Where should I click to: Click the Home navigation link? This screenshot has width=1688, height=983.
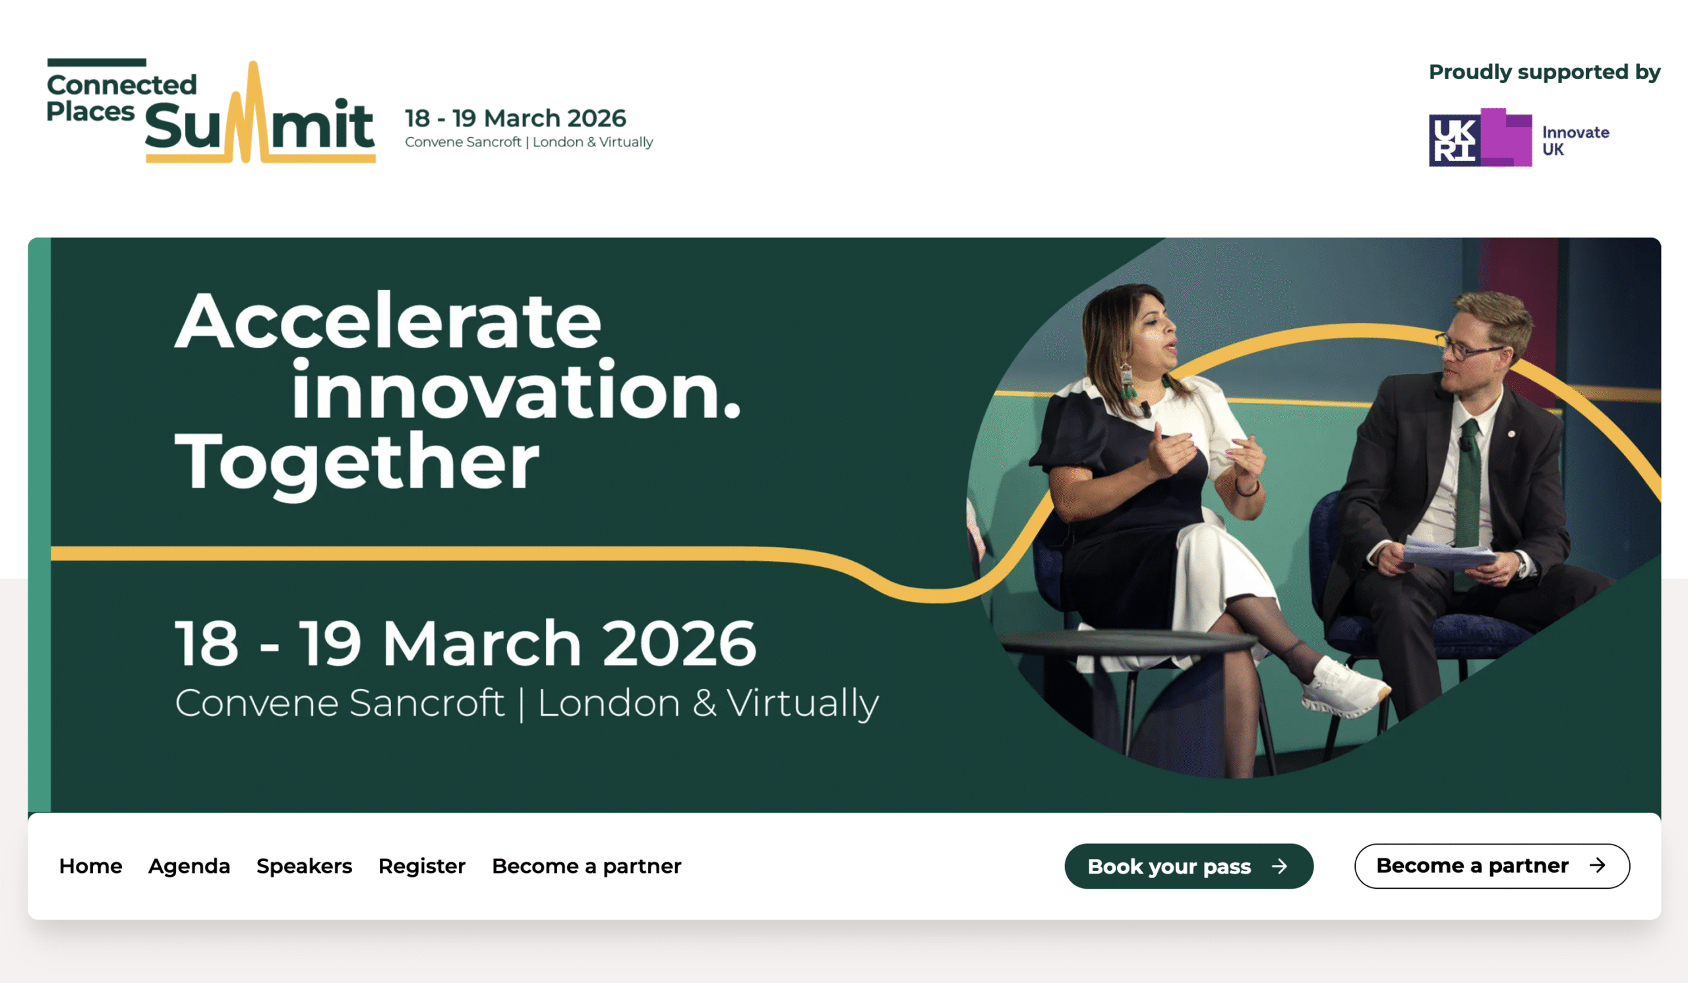tap(90, 866)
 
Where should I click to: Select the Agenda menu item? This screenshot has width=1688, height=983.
tap(189, 866)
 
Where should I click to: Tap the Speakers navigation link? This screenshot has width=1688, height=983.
tap(304, 866)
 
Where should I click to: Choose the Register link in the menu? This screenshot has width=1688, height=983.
tap(422, 866)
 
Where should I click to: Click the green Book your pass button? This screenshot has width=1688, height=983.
tap(1189, 866)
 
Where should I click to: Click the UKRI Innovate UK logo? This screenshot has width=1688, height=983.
tap(1519, 137)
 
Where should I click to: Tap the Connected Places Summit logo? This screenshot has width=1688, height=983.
tap(211, 111)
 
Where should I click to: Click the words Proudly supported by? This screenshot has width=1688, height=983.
tap(1545, 72)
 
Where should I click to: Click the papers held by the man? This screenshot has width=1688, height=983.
tap(1447, 553)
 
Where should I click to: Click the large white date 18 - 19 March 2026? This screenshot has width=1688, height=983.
tap(466, 643)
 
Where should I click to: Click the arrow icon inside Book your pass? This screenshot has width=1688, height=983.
tap(1279, 866)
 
